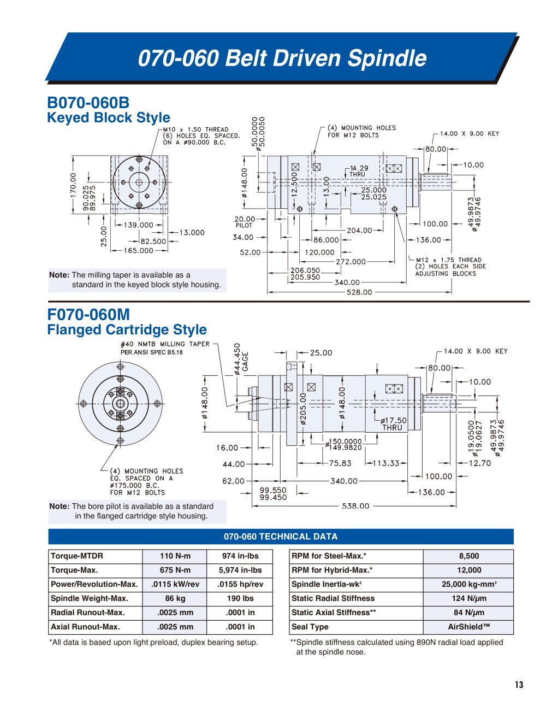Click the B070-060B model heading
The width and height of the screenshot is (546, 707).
pyautogui.click(x=88, y=103)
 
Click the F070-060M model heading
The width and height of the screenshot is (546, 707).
pyautogui.click(x=88, y=315)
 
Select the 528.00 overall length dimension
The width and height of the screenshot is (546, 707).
pyautogui.click(x=359, y=292)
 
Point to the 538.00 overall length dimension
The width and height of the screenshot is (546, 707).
pyautogui.click(x=355, y=505)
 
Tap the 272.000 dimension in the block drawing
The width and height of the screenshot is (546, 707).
pyautogui.click(x=351, y=262)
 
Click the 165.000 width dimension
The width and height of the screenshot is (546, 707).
pyautogui.click(x=139, y=250)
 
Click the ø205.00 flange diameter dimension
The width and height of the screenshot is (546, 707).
pyautogui.click(x=303, y=408)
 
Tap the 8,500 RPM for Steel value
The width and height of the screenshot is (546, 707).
pyautogui.click(x=468, y=556)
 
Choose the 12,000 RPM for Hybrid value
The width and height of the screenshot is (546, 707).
pyautogui.click(x=468, y=570)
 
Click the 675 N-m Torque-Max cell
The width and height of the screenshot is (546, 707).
pyautogui.click(x=175, y=570)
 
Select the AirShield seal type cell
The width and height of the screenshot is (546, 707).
pyautogui.click(x=468, y=627)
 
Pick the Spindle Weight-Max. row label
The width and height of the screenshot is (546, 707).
pyautogui.click(x=90, y=598)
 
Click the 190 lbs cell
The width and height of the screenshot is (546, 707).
pyautogui.click(x=240, y=598)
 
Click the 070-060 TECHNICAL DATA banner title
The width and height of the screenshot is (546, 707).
pyautogui.click(x=281, y=537)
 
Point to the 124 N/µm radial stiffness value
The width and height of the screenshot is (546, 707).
pyautogui.click(x=468, y=598)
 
